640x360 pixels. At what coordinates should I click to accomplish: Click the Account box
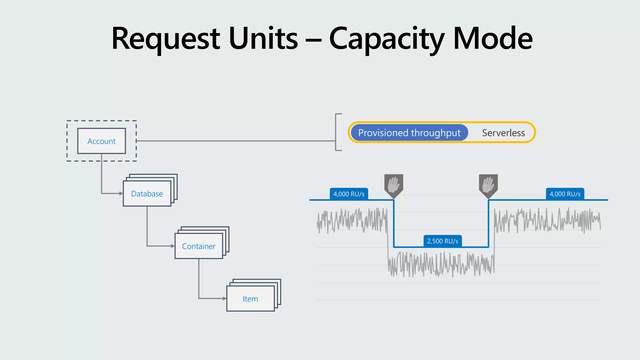[x=102, y=141]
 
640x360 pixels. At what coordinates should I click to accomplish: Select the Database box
[x=147, y=194]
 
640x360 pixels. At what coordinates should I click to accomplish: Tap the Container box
[x=199, y=246]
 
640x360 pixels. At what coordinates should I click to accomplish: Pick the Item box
[x=250, y=299]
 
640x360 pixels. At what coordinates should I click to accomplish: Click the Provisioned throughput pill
[x=409, y=132]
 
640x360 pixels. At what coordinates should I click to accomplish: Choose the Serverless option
[x=503, y=132]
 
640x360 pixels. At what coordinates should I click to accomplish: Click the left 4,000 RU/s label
[x=349, y=194]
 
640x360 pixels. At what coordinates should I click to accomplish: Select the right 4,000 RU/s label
[x=565, y=194]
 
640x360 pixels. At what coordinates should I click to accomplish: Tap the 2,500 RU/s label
[x=442, y=241]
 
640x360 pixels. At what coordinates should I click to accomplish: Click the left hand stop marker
[x=394, y=185]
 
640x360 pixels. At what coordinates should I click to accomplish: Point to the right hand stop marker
[x=488, y=185]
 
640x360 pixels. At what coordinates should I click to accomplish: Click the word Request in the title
[x=166, y=39]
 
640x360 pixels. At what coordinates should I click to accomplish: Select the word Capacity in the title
[x=387, y=39]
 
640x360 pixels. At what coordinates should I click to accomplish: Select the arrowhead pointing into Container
[x=173, y=246]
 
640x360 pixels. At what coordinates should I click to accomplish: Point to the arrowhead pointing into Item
[x=224, y=298]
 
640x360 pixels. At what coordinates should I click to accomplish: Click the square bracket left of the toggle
[x=337, y=132]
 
